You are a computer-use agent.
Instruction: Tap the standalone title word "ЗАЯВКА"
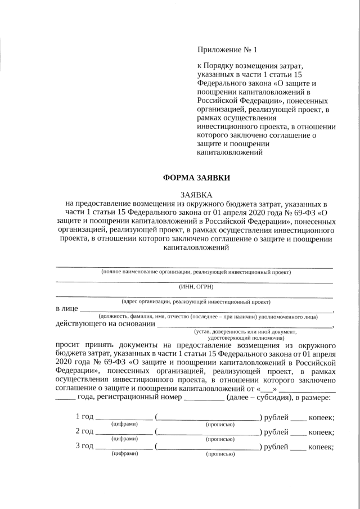(x=196, y=194)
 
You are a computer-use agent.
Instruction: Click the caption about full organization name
(x=196, y=272)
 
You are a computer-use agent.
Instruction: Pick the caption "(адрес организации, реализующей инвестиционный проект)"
(x=196, y=301)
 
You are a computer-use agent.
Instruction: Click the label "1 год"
(x=84, y=417)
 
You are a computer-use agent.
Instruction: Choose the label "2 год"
(x=84, y=432)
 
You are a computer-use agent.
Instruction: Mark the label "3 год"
(x=84, y=447)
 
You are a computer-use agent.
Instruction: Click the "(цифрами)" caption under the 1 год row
(x=124, y=424)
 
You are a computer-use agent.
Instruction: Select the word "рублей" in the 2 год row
(x=275, y=432)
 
